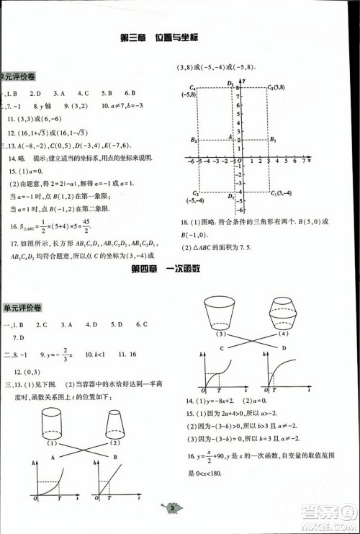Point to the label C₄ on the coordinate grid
(190, 86)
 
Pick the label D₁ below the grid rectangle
(230, 195)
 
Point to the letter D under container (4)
(283, 348)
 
